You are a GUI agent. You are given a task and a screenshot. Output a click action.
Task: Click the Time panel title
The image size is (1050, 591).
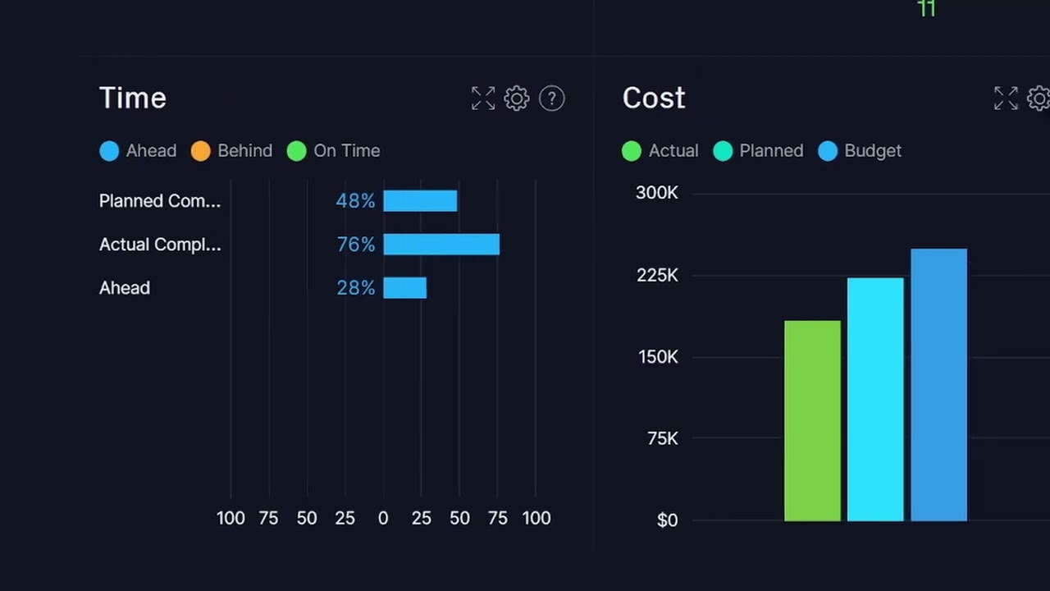click(133, 98)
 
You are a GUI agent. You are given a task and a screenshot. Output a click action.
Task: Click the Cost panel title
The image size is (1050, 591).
click(654, 98)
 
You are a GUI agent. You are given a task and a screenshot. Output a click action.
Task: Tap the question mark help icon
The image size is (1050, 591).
click(552, 98)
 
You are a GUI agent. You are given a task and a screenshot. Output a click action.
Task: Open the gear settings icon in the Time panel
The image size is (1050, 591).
click(517, 98)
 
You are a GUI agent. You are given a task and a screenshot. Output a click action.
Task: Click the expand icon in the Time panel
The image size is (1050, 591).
click(483, 98)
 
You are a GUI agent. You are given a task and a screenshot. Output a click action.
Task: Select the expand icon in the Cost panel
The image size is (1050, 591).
click(1006, 98)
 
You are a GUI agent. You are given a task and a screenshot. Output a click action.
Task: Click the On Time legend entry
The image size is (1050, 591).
click(334, 151)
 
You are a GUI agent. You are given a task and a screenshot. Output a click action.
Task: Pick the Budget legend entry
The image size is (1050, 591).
click(861, 151)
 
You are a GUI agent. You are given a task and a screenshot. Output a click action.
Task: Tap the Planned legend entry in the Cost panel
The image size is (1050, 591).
click(759, 151)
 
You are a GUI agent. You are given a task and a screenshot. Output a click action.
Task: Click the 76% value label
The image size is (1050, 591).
click(356, 245)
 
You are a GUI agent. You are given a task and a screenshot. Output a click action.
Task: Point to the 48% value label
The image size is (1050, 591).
click(355, 201)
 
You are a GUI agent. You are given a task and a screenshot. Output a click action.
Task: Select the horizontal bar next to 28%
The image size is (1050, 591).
click(405, 288)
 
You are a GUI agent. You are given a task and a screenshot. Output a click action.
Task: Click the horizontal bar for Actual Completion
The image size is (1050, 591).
click(441, 245)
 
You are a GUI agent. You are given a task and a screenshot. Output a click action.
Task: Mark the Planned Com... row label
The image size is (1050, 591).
click(160, 201)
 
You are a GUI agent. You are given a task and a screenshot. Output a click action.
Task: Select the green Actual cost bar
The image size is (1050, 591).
click(812, 420)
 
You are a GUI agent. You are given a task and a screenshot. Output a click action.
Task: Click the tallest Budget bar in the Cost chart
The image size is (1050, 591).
click(938, 384)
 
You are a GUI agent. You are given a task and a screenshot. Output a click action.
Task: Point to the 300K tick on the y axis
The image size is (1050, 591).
click(657, 193)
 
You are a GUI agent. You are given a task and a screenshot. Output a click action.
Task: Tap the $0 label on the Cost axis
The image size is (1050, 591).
click(667, 520)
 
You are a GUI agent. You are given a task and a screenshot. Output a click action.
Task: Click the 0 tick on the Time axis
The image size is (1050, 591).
click(383, 518)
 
